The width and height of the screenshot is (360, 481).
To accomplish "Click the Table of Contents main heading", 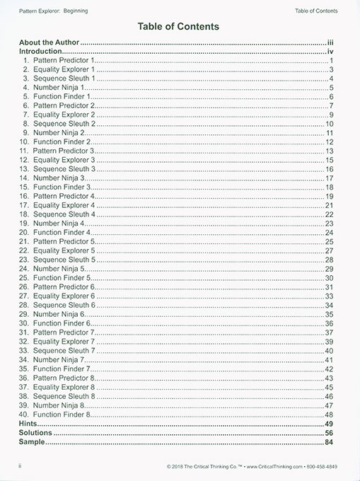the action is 180,26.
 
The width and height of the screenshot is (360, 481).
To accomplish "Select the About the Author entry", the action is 49,42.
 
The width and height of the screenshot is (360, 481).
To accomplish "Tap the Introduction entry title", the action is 41,52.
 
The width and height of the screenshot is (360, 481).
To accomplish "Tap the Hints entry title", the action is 29,423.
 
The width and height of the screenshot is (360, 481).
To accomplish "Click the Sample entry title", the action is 32,441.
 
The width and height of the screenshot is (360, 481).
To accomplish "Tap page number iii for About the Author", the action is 330,42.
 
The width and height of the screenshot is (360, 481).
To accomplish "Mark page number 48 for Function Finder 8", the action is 329,414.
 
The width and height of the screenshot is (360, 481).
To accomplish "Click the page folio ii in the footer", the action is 21,468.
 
